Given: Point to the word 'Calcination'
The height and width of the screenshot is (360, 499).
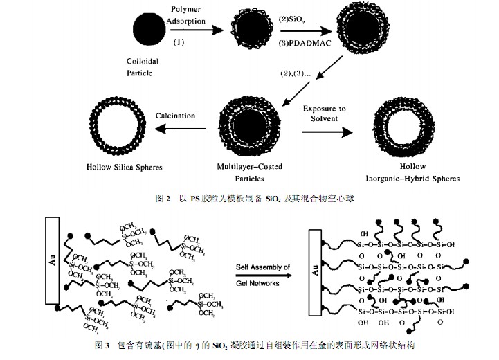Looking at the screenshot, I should [175, 116].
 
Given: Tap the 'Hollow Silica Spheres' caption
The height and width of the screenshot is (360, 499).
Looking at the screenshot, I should [122, 167].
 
